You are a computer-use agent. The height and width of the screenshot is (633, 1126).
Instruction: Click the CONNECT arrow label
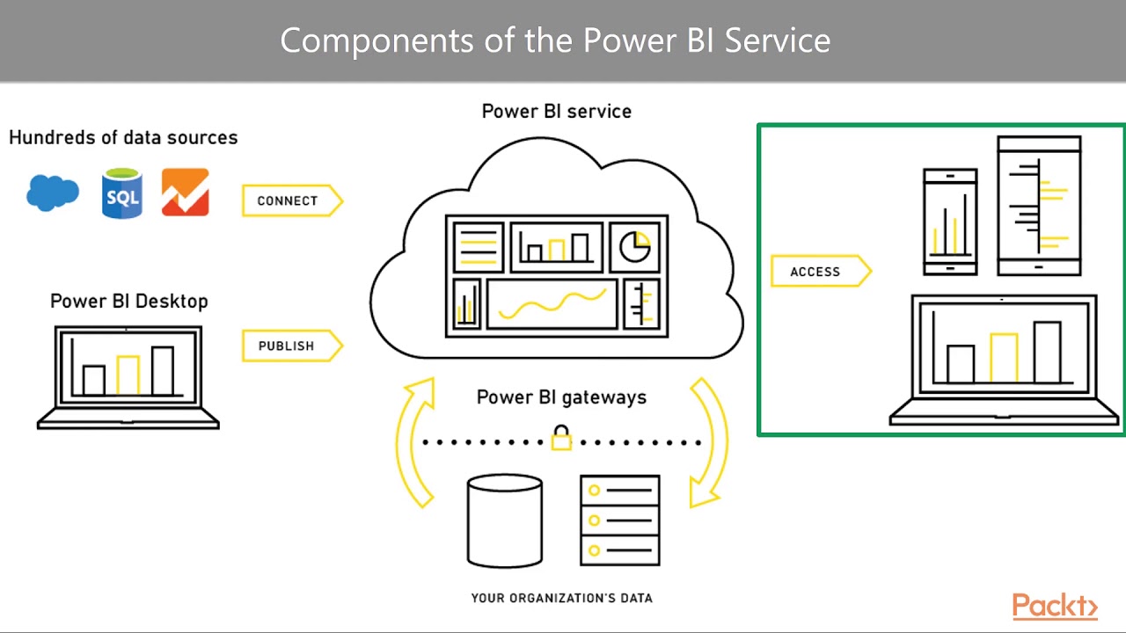(x=289, y=200)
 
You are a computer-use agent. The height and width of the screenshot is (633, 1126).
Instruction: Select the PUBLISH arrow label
(x=287, y=346)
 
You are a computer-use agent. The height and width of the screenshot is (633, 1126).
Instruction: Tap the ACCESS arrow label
(x=816, y=272)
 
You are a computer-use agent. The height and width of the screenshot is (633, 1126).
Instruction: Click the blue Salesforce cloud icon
(x=53, y=193)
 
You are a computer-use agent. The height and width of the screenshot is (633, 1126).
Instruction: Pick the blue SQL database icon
(x=122, y=193)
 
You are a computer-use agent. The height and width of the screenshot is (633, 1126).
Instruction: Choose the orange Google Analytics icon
(x=186, y=193)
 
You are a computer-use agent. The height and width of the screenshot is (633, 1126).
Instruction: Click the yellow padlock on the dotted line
(x=561, y=438)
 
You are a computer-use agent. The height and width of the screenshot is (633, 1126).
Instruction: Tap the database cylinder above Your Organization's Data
(x=505, y=520)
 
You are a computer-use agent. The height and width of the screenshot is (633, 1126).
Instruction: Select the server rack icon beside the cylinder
(x=620, y=520)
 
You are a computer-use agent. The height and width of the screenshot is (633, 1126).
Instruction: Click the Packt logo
(x=1054, y=607)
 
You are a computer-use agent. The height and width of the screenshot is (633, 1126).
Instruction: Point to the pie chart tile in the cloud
(x=635, y=247)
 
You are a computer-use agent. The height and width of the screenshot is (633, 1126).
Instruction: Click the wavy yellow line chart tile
(x=552, y=304)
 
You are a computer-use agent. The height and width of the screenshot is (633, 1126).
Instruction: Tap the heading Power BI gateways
(x=561, y=397)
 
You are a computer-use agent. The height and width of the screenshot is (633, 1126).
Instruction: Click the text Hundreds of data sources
(x=123, y=138)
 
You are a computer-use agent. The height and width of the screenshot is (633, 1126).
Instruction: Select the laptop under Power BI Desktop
(x=128, y=376)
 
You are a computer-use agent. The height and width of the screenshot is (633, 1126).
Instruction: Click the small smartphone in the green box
(x=950, y=222)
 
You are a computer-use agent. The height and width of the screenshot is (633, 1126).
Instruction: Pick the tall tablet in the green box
(x=1039, y=206)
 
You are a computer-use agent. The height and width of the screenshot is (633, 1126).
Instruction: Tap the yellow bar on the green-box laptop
(x=1004, y=358)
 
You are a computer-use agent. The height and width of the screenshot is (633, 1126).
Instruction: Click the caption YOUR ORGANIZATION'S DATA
(x=561, y=598)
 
